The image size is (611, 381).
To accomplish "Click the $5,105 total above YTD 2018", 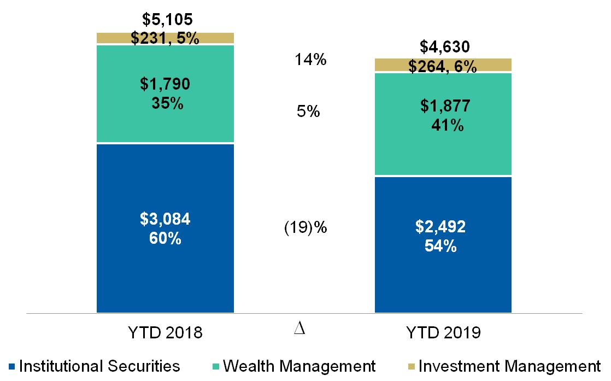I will [x=167, y=20].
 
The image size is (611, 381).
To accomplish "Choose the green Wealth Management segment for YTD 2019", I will [x=443, y=153].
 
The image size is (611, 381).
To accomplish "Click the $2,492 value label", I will [x=443, y=227].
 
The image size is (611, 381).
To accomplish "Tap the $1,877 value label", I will [x=443, y=107].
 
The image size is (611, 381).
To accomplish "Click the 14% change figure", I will [x=310, y=60].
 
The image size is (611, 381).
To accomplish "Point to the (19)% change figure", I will [x=305, y=227].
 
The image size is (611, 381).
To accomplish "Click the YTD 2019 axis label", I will [x=443, y=333].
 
